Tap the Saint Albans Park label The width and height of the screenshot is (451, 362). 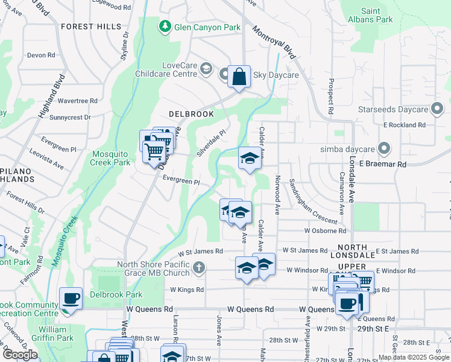(x=377, y=15)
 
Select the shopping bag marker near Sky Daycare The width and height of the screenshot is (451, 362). (x=239, y=77)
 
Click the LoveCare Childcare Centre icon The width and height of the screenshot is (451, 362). (x=206, y=69)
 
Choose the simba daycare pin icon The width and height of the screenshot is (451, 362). (x=382, y=148)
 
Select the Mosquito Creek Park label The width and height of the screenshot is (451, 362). (x=110, y=158)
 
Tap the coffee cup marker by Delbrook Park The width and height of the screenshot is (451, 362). (x=71, y=298)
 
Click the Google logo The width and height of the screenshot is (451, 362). (x=20, y=355)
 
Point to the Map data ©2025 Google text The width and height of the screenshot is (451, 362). (x=413, y=357)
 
